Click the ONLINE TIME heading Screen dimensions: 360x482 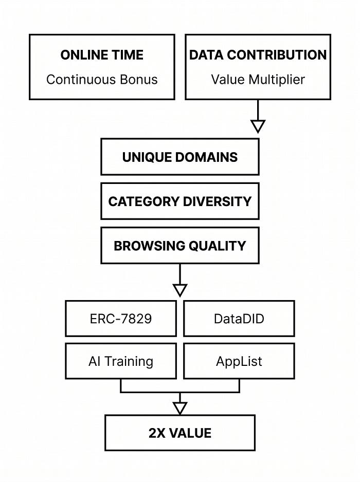coord(102,55)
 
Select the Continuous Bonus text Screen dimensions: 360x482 coord(102,80)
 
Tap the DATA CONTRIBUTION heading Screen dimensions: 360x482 coord(258,55)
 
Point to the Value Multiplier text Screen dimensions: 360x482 coord(258,80)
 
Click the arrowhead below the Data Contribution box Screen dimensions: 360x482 coord(258,126)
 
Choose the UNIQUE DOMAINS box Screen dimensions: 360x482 coord(180,157)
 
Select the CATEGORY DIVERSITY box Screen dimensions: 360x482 coord(180,201)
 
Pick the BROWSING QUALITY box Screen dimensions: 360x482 coord(180,246)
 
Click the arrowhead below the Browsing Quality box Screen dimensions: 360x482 coord(180,290)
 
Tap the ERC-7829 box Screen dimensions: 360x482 coord(121,319)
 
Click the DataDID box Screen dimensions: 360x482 coord(239,319)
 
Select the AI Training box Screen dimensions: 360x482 coord(121,361)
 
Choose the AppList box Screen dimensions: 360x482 coord(239,361)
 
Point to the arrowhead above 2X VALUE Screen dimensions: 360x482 coord(180,408)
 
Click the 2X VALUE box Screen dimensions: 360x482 coord(180,433)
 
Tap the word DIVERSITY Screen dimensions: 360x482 coord(218,201)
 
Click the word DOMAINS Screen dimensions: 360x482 coord(206,157)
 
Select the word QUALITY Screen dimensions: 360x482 coord(217,246)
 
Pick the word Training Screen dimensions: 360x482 coord(129,362)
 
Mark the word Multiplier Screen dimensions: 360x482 coord(277,80)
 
